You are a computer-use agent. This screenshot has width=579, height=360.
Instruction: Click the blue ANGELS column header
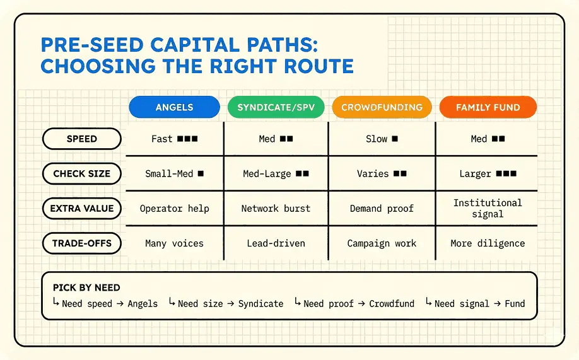coord(174,107)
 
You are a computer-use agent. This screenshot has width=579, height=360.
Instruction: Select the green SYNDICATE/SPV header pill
coord(276,107)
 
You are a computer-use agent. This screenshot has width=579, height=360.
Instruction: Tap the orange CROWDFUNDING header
coord(382,107)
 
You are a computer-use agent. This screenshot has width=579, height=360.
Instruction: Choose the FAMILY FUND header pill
coord(488,107)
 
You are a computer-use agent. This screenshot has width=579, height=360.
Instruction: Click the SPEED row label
coord(81,139)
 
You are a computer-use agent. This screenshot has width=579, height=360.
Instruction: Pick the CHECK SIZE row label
coord(81,173)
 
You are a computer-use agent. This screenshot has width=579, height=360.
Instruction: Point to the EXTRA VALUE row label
coord(81,208)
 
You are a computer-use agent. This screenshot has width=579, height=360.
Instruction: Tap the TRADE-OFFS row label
coord(81,243)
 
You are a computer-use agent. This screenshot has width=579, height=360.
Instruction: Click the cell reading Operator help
coord(174,209)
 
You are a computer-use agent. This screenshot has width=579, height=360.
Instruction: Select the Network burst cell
coord(276,209)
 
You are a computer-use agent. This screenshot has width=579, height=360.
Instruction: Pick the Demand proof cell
coord(382,209)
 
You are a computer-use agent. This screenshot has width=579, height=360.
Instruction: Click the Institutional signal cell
coord(488,208)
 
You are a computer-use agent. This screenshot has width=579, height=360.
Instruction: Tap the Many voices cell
coord(174,243)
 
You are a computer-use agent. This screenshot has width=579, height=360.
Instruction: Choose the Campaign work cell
coord(382,243)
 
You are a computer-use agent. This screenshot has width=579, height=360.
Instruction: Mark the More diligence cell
coord(488,243)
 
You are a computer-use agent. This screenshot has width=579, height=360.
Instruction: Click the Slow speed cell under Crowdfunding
coord(382,139)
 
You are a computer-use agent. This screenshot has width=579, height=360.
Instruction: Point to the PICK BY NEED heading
coord(86,287)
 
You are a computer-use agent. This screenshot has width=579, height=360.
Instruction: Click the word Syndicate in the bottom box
coord(260,304)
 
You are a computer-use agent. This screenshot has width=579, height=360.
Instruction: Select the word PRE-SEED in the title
coord(92,45)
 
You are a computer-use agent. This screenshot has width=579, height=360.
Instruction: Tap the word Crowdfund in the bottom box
coord(392,303)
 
